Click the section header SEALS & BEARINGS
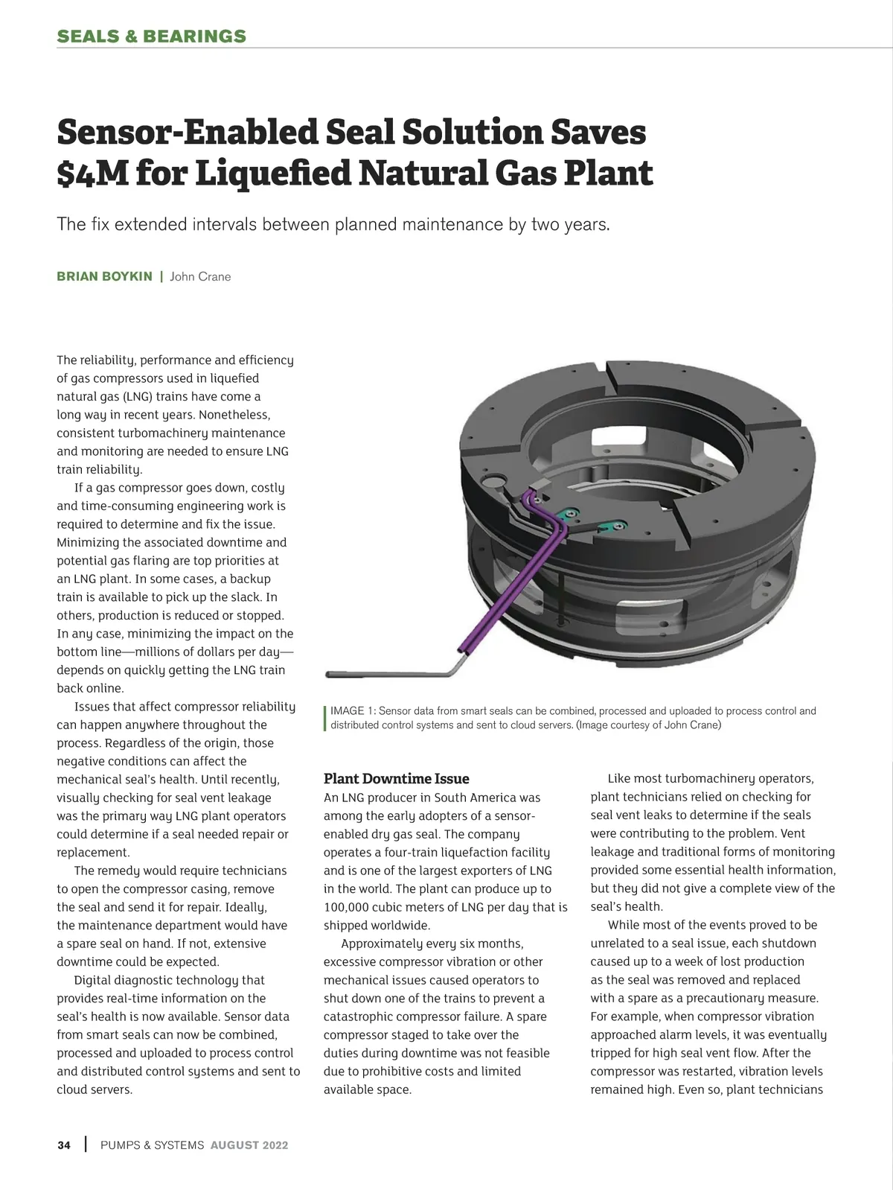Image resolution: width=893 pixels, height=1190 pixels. coord(151,36)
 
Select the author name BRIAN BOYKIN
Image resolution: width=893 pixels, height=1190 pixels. coord(104,276)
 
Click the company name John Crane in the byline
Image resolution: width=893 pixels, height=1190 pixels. coord(200,276)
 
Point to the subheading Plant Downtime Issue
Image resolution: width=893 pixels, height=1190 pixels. coord(396,779)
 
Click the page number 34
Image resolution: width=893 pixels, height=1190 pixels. coord(64,1145)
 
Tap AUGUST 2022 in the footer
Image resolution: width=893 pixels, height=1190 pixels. coord(249,1145)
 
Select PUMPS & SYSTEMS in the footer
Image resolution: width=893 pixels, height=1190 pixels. coord(152,1145)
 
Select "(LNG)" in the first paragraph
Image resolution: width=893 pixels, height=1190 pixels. coord(138,397)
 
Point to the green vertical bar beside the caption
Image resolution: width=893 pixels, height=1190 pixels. coord(325,718)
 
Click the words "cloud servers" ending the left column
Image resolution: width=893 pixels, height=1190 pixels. coord(95,1089)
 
